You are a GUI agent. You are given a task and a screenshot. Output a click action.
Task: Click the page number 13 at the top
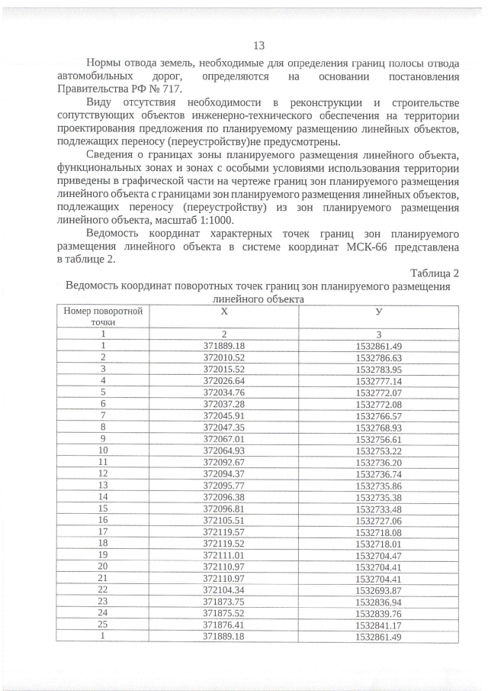pyautogui.click(x=258, y=45)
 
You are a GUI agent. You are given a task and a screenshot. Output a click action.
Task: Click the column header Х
pyautogui.click(x=223, y=312)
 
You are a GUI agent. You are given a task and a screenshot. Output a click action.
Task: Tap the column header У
pyautogui.click(x=378, y=312)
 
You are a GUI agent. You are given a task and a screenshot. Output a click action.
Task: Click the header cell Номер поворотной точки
pyautogui.click(x=102, y=317)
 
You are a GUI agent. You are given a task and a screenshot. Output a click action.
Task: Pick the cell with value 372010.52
pyautogui.click(x=223, y=357)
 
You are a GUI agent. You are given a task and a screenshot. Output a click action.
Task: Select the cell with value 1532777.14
pyautogui.click(x=378, y=380)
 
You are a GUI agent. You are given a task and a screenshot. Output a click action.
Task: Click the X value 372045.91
pyautogui.click(x=223, y=415)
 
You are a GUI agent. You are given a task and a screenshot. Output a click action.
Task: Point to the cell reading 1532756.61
pyautogui.click(x=378, y=438)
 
